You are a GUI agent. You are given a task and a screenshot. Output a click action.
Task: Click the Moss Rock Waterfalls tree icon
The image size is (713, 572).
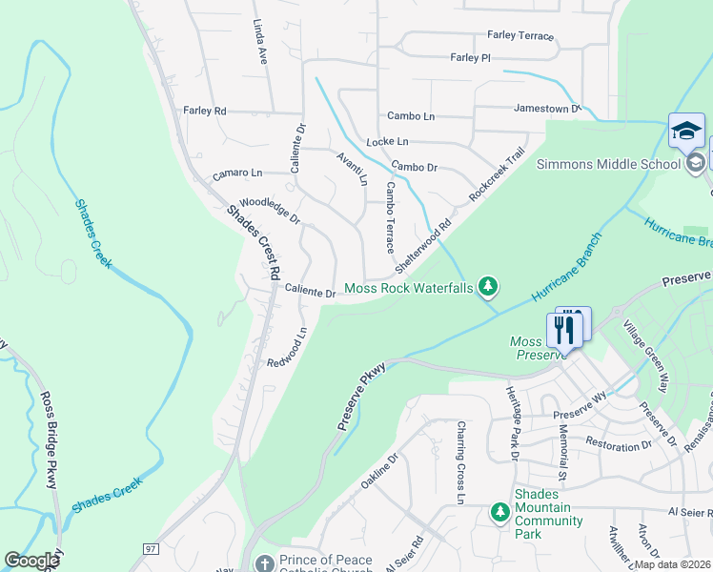pos(488,287)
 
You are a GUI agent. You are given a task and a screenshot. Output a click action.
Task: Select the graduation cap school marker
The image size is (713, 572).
pos(685,132)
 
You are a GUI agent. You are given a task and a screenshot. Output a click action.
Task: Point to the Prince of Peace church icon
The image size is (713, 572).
pos(264,562)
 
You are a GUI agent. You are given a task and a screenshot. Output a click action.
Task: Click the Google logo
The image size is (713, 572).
pos(32,561)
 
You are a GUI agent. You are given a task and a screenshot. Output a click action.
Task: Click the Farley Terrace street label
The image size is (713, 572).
pos(519,35)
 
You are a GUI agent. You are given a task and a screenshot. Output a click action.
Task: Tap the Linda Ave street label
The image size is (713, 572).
pos(259,41)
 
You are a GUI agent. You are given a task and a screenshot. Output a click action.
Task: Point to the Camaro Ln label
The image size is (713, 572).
pos(237,174)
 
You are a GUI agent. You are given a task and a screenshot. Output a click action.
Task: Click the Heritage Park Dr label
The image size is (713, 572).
pos(512,423)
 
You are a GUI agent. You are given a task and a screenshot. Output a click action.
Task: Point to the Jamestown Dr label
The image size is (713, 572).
pos(546,109)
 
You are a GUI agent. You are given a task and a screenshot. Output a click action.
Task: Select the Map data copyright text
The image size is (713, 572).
pos(672,564)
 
